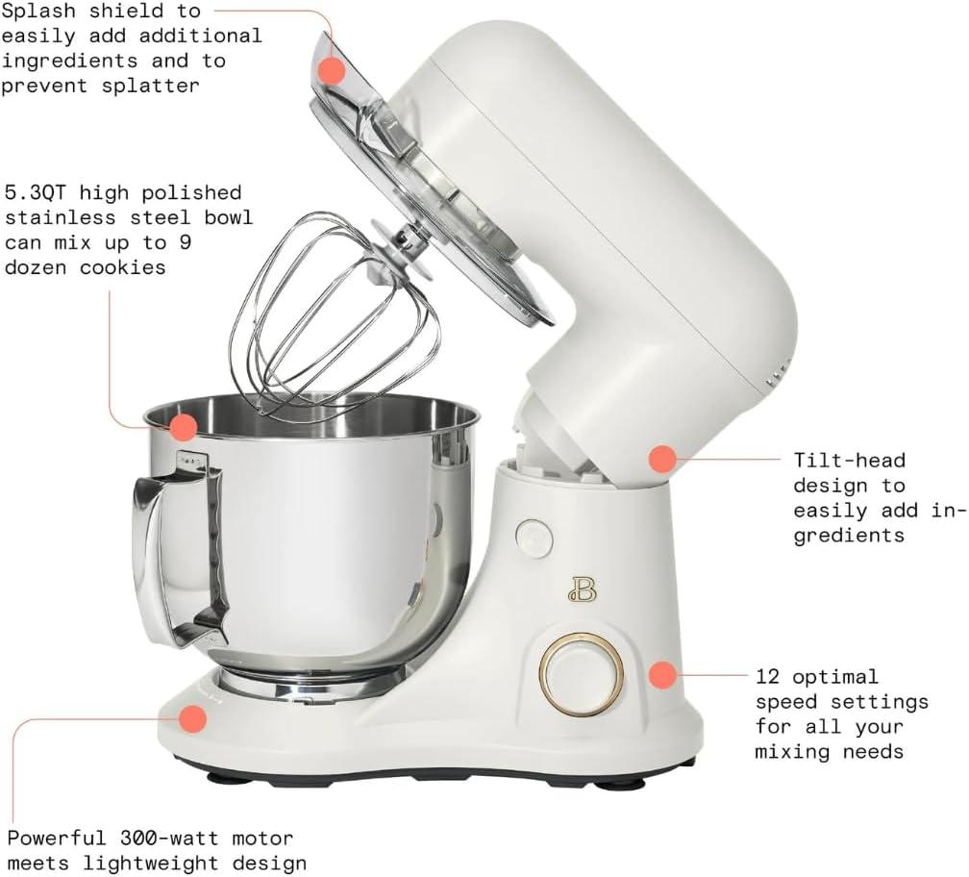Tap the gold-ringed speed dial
[582, 673]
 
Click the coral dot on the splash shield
[332, 70]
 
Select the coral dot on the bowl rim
[184, 425]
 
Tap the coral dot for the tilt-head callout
[661, 459]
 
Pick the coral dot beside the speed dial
[661, 675]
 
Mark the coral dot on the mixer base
[194, 717]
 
